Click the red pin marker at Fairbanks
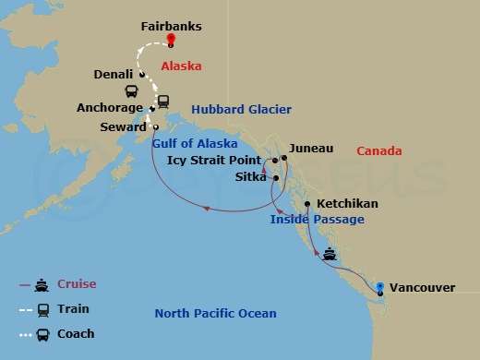coord(172,40)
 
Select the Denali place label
coord(115,74)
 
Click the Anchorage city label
coord(110,108)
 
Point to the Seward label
coord(125,127)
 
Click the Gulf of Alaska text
coord(194,143)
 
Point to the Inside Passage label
coord(317,220)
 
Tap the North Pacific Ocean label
coord(215,313)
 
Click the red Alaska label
coord(181,66)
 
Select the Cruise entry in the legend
coord(77,284)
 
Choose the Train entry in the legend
coord(73,309)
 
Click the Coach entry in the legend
coord(76,333)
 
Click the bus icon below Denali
coord(132,91)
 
